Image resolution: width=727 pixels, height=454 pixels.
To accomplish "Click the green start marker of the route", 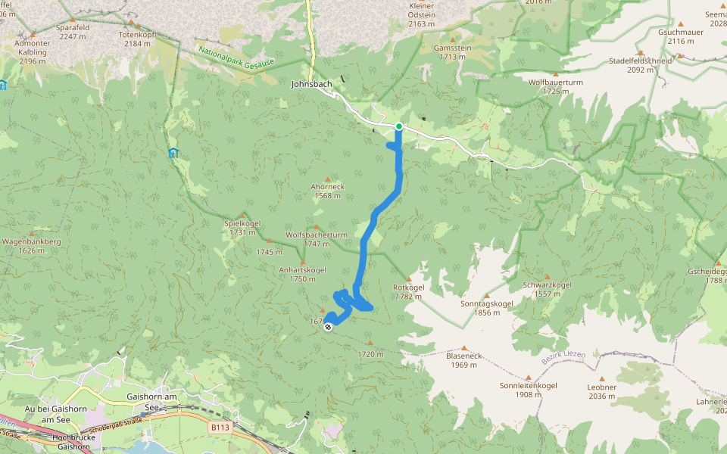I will point(398,126).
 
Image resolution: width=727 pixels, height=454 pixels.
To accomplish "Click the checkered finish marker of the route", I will point(327,328).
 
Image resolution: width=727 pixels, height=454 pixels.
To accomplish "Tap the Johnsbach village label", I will point(311,84).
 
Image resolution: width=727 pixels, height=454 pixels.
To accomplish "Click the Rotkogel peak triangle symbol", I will point(409,278).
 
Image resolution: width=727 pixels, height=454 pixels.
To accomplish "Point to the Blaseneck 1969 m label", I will point(463,360).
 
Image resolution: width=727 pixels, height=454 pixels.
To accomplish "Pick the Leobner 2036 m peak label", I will point(601,390).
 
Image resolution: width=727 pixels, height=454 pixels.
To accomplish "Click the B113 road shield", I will point(220,428).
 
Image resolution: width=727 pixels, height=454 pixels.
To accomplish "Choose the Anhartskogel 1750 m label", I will point(302,274).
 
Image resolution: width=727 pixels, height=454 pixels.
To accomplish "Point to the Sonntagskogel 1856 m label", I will point(486,308).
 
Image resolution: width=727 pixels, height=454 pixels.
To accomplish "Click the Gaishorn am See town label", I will point(152,402).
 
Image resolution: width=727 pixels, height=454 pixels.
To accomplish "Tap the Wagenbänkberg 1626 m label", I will point(31,246).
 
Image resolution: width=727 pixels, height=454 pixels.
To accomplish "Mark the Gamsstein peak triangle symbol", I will point(453,39).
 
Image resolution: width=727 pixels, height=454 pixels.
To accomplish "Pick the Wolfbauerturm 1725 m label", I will point(555,86).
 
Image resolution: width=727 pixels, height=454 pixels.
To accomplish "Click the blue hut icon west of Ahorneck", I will point(173,153).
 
